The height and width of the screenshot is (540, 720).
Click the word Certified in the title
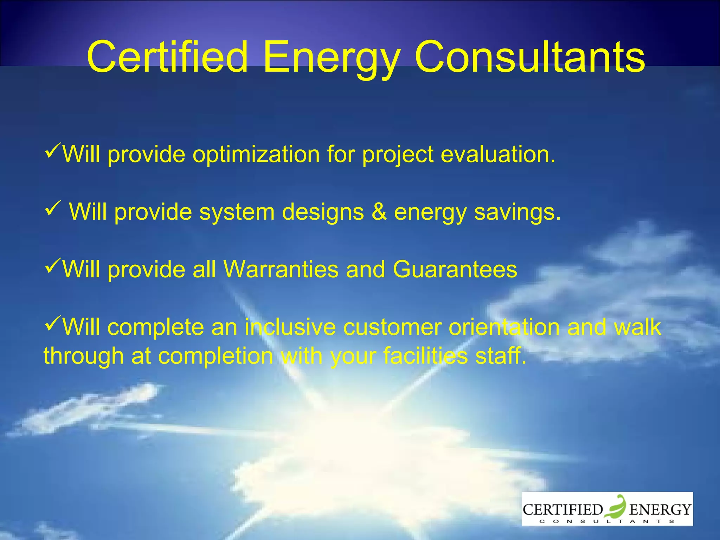click(x=167, y=57)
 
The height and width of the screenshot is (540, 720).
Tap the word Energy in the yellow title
click(x=332, y=58)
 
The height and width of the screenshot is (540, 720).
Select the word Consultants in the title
click(x=529, y=57)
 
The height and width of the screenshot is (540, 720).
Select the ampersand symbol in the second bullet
click(x=379, y=212)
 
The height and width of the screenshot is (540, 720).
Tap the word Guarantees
click(x=455, y=270)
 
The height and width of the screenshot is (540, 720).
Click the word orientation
click(x=504, y=327)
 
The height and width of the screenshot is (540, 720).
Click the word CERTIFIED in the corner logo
click(x=562, y=509)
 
